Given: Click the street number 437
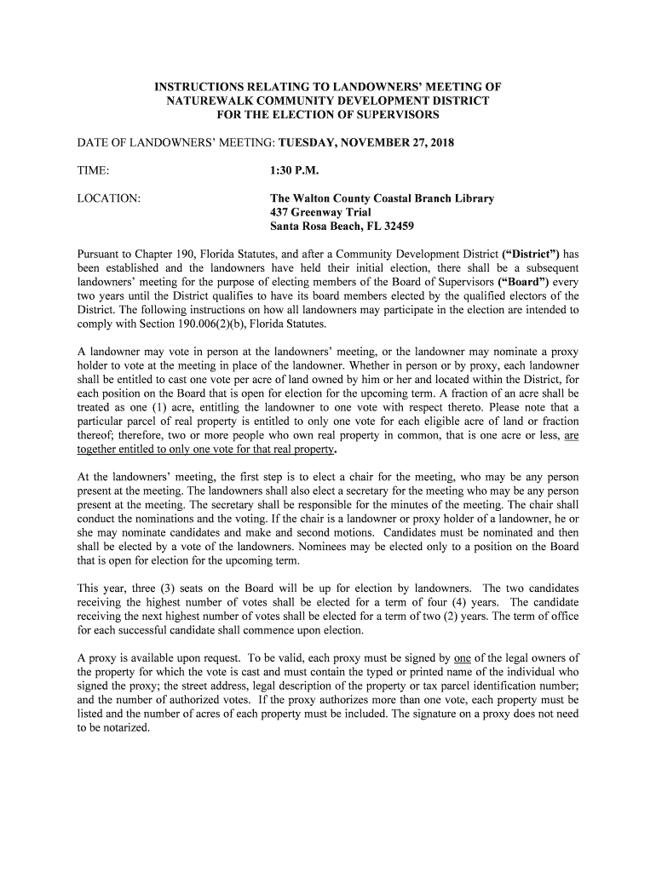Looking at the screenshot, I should pos(279,212).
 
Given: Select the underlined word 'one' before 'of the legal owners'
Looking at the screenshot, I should pos(463,658).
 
